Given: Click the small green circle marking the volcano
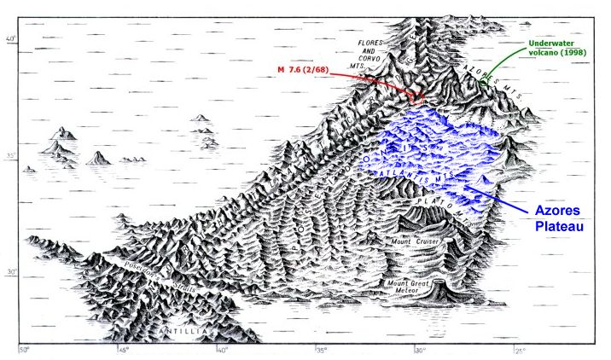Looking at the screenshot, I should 484,83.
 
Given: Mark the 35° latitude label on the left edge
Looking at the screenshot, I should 12,155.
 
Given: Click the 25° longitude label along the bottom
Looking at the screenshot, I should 520,350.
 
